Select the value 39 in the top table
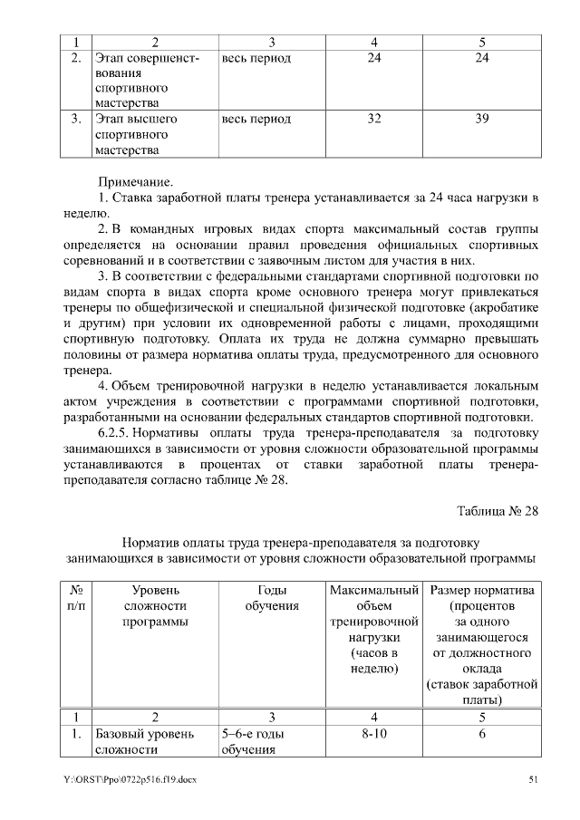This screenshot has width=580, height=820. pos(482,119)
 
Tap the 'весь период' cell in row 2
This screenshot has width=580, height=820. pos(256,58)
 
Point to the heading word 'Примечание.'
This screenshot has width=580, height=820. pos(135,181)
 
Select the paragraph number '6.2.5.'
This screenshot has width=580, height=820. pos(115,433)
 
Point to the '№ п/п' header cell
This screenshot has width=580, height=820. pos(77,598)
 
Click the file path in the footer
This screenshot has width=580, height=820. pos(130,779)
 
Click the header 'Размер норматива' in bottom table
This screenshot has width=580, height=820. pos(482,591)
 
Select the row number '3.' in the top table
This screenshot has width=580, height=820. pos(77,119)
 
